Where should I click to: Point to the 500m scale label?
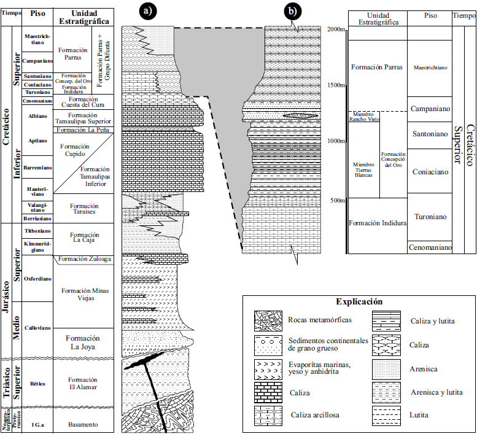tap(336, 200)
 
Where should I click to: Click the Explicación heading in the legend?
tap(359, 301)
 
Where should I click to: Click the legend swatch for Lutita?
tap(385, 415)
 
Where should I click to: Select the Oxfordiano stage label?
tap(36, 278)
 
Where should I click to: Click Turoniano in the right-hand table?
tap(429, 217)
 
